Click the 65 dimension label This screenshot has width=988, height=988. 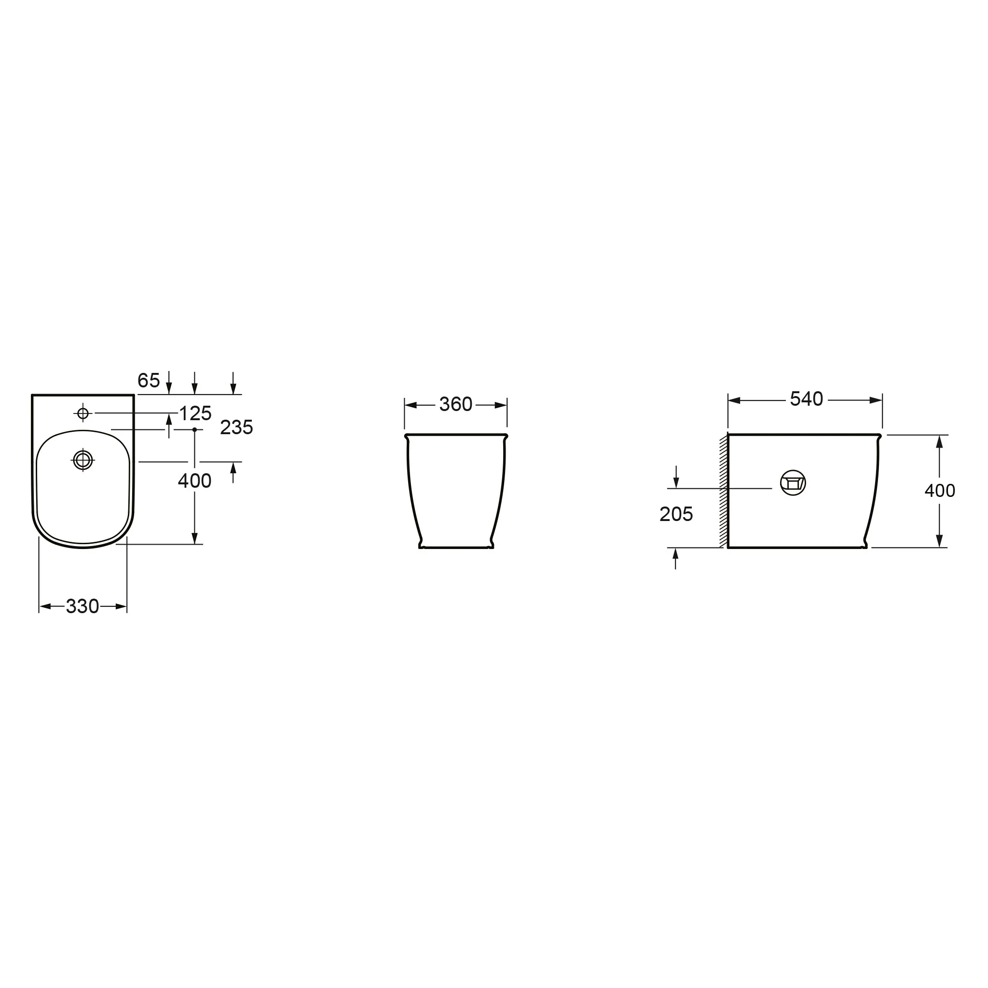tap(149, 381)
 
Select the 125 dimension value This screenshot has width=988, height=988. tap(195, 413)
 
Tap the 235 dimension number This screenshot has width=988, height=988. tap(236, 427)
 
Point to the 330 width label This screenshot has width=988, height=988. tap(82, 606)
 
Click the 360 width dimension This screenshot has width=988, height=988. tap(455, 404)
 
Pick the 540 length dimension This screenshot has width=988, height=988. tap(807, 399)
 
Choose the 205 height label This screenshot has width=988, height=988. tap(676, 514)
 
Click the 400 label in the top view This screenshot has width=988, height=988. tap(194, 481)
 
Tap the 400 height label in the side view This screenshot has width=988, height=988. tap(940, 491)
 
